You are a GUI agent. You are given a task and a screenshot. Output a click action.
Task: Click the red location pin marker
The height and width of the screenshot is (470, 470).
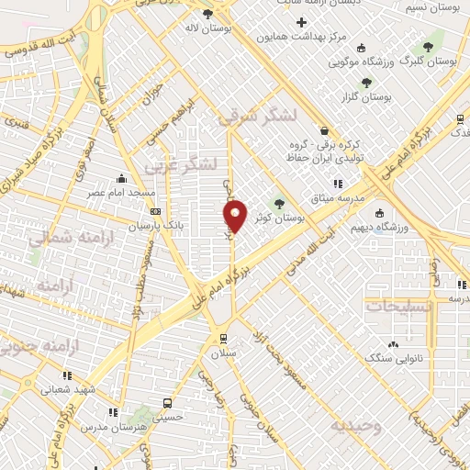[235, 215]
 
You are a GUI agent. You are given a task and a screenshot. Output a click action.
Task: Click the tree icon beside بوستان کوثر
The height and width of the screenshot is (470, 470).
[280, 204]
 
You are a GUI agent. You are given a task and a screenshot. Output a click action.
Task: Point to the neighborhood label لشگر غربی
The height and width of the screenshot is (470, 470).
[186, 164]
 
